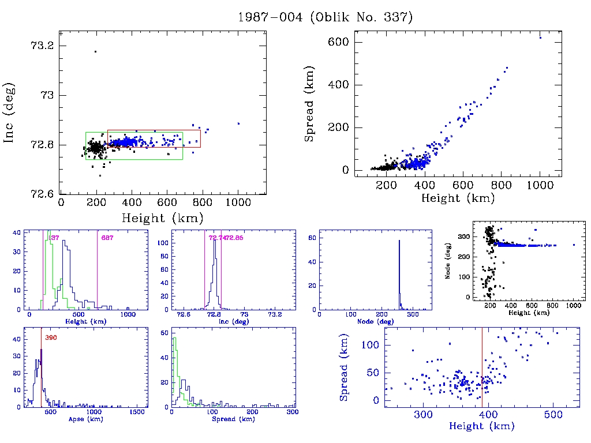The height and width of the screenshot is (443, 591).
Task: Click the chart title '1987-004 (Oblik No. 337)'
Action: pos(325,17)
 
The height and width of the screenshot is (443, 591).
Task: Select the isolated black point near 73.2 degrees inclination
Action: pos(95,51)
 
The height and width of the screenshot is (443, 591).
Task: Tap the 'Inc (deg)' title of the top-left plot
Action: pos(9,112)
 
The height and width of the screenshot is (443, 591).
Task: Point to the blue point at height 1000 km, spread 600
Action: pos(540,37)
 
